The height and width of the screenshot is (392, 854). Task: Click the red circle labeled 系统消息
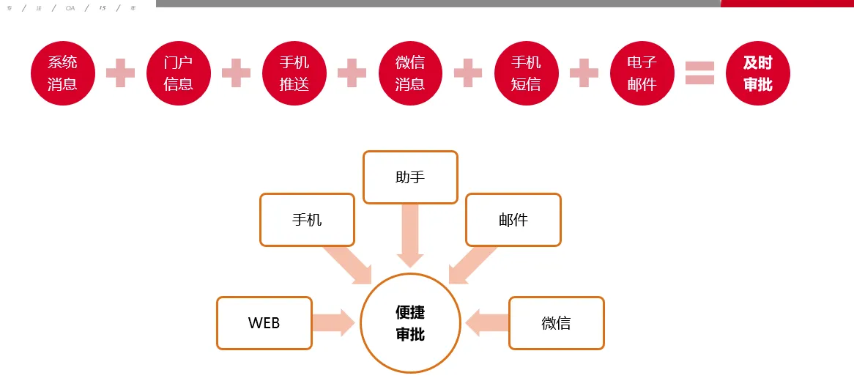[62, 73]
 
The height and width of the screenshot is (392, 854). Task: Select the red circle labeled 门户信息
[178, 73]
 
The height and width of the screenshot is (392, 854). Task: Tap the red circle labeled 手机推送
[294, 73]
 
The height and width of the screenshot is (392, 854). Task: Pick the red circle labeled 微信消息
[409, 73]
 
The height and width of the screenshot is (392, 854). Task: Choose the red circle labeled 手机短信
[525, 73]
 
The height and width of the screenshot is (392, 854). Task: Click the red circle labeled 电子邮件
[642, 73]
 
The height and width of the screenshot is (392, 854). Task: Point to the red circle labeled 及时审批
[757, 73]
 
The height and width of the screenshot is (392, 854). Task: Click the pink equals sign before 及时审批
[699, 73]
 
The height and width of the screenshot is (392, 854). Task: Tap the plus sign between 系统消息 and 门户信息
[120, 73]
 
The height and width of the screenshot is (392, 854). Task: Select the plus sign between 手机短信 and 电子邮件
[584, 73]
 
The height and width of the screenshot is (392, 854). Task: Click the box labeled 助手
[410, 177]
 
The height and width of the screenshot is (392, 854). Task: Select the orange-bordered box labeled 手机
[307, 220]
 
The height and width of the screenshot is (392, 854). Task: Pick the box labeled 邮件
[513, 220]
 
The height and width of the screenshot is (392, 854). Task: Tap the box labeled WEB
[264, 323]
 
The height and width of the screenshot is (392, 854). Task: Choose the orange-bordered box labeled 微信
[556, 323]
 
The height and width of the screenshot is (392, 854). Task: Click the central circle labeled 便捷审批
[410, 323]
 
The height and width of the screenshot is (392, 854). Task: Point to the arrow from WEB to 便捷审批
[333, 323]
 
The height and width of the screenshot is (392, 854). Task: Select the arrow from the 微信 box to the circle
[486, 323]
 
